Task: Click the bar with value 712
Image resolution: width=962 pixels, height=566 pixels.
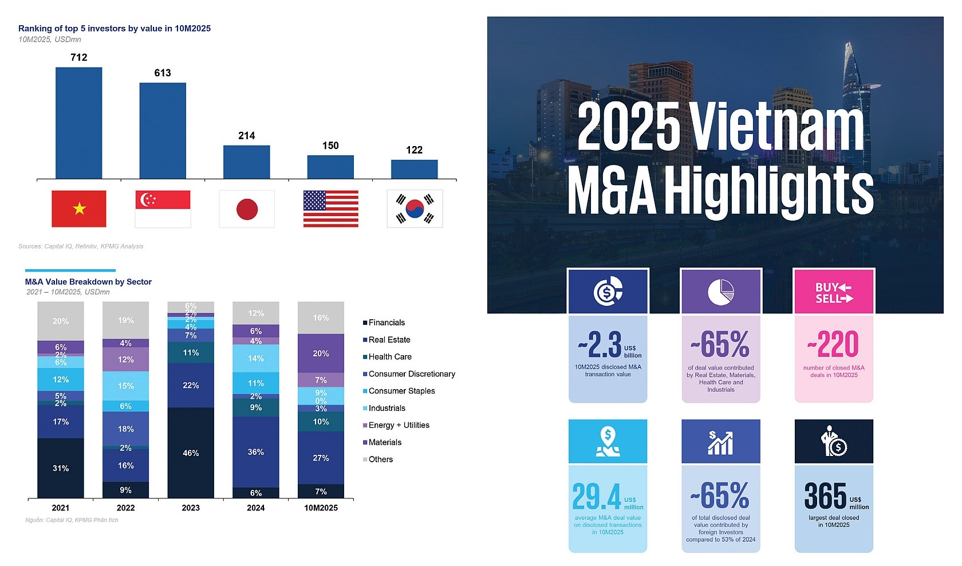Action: coord(78,123)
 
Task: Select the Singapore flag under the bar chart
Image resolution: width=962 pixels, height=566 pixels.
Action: coord(163,209)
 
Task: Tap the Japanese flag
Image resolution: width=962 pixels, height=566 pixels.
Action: coord(247,209)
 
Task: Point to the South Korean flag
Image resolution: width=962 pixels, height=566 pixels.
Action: coord(415,209)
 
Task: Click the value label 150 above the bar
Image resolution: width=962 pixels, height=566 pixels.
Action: coord(330,146)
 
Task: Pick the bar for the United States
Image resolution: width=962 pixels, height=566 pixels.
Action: coord(330,167)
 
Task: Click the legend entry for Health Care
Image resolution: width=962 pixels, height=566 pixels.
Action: coord(389,356)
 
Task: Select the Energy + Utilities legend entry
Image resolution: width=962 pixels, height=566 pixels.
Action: coord(399,425)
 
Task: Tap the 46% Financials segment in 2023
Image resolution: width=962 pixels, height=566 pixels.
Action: coord(191,453)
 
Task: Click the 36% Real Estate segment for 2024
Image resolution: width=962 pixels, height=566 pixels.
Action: coord(256,451)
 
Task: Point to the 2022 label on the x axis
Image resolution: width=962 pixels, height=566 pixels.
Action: coord(125,508)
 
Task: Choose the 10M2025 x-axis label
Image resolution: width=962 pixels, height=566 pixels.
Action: coord(321,508)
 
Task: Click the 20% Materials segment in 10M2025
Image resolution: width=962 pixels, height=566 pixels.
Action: coord(321,353)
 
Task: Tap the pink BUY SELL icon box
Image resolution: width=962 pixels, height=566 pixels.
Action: coord(834,292)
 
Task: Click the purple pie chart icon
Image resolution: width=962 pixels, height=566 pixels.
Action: coord(721,292)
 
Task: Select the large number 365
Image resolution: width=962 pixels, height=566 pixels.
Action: coord(825,496)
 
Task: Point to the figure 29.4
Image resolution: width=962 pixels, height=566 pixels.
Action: coord(597,496)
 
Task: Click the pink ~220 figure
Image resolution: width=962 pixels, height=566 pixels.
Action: coord(833,344)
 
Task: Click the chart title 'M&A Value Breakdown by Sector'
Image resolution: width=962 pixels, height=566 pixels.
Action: coord(88,282)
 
